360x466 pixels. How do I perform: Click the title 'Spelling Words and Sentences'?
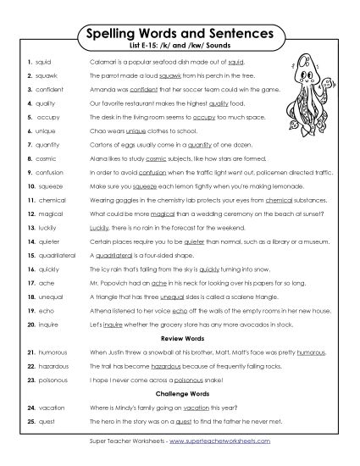pos(180,33)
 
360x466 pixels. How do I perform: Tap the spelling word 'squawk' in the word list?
pos(47,75)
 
